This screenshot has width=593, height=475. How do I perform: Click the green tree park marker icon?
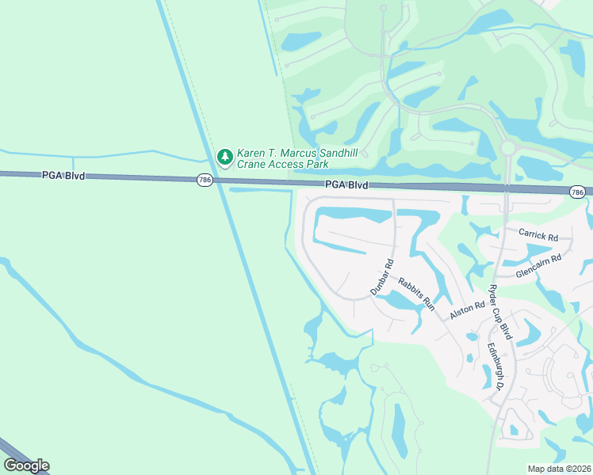[225, 157]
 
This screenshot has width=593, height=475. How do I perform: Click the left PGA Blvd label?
[63, 175]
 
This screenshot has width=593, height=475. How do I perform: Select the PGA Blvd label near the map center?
[346, 184]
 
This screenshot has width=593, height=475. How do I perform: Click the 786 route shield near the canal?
[205, 180]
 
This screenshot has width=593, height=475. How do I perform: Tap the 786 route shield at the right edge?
[577, 192]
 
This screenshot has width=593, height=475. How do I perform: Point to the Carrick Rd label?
[538, 235]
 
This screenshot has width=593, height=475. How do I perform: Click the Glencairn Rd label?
[538, 263]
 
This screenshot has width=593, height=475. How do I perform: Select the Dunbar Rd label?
[381, 278]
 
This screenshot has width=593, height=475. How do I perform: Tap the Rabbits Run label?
[416, 293]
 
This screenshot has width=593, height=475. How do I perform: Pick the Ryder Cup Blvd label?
[500, 312]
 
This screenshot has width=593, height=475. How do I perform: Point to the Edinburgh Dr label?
[495, 366]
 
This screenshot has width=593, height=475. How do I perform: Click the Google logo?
[26, 465]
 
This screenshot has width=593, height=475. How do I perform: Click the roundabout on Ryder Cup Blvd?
[507, 148]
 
